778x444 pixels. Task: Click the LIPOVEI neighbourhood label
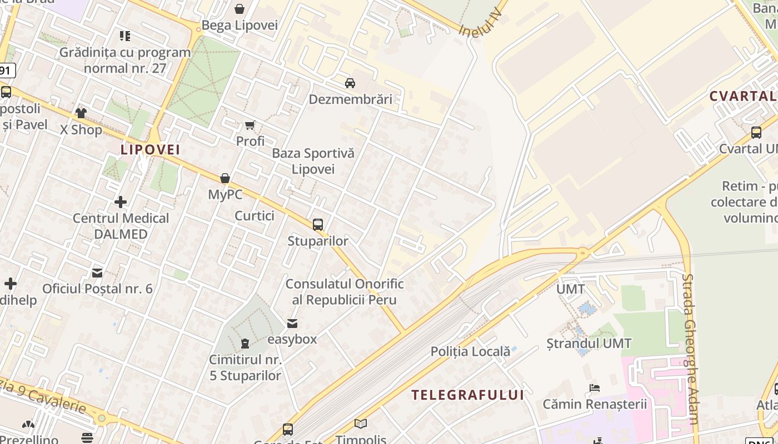tap(150, 150)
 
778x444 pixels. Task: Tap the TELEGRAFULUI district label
tap(467, 395)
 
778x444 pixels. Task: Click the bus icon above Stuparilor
tap(318, 225)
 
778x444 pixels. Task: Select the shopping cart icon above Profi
tap(250, 125)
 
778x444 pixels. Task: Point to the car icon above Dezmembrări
tap(350, 83)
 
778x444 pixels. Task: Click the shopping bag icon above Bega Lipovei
tap(240, 9)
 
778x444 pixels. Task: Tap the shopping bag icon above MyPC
tap(225, 178)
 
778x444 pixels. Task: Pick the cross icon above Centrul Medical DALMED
tap(121, 201)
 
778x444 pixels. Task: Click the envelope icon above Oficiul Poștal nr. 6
tap(97, 273)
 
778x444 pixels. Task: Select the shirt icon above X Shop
tap(81, 113)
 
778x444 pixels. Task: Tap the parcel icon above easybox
tap(292, 324)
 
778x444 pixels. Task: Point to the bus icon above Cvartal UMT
tap(756, 133)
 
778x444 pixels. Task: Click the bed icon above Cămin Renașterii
tap(595, 388)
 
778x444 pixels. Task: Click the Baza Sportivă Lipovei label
tap(313, 161)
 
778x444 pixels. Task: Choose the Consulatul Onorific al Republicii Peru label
tap(344, 292)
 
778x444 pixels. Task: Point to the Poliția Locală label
tap(470, 351)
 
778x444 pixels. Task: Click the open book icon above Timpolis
tap(361, 424)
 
